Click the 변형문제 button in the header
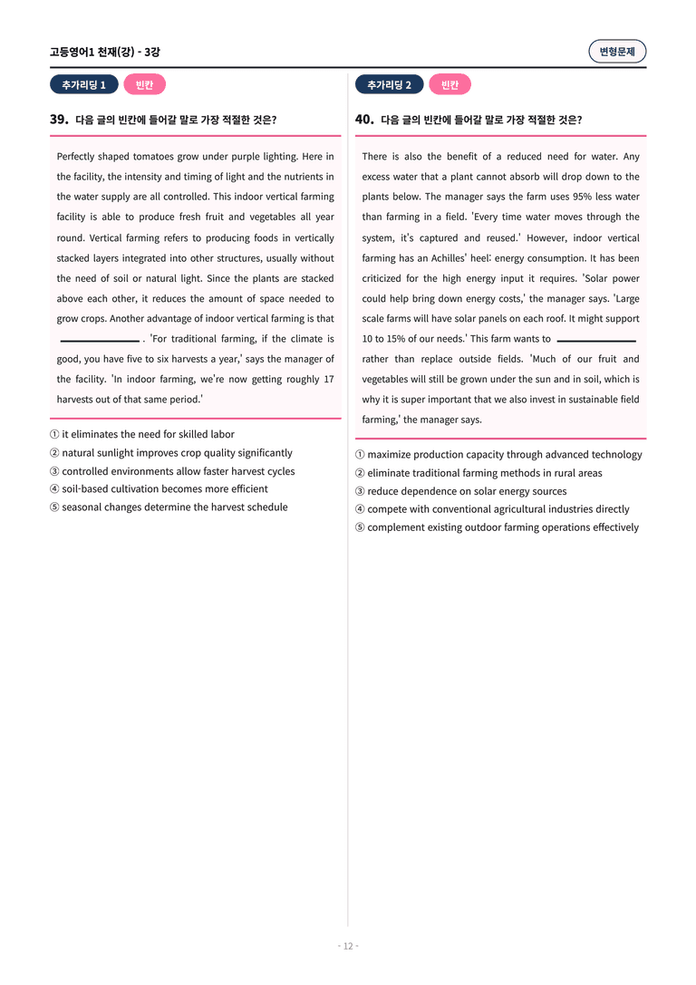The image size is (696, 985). [x=617, y=52]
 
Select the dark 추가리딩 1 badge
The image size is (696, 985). [x=84, y=85]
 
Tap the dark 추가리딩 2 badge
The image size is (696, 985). [x=390, y=85]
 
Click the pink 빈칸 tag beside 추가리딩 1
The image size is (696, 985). [x=144, y=85]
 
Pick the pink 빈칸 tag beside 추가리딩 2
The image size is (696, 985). [x=449, y=85]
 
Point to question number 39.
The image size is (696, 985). [x=59, y=120]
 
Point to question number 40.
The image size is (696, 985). [x=364, y=120]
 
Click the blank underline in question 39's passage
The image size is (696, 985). [x=99, y=340]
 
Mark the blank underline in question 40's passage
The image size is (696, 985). [x=595, y=340]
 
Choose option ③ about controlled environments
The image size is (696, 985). [x=172, y=471]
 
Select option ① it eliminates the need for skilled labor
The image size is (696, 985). [x=142, y=435]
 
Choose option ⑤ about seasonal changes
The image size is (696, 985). [x=169, y=507]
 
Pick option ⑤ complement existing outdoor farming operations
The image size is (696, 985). [x=497, y=527]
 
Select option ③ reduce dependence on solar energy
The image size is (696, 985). [x=460, y=491]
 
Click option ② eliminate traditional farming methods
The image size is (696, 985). [x=478, y=473]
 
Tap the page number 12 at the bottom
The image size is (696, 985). [x=348, y=946]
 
